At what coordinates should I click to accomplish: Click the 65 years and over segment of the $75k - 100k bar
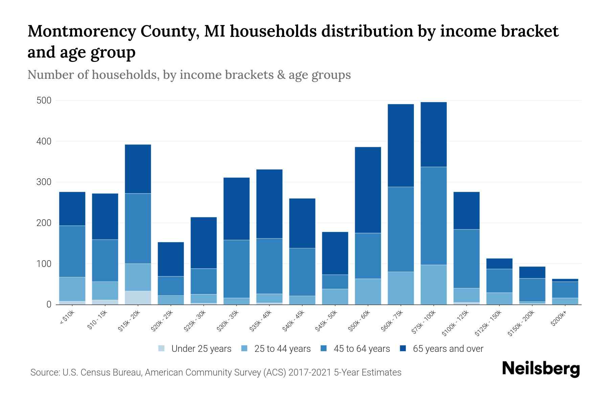[x=433, y=134]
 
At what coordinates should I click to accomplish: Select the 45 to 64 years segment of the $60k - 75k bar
[x=401, y=229]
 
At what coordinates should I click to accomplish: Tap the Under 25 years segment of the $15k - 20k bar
[x=138, y=298]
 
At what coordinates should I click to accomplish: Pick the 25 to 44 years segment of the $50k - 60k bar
[x=368, y=291]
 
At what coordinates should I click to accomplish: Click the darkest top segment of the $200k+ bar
[x=565, y=280]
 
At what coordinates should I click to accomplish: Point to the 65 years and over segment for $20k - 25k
[x=171, y=259]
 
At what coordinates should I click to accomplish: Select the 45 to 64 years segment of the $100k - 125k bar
[x=466, y=258]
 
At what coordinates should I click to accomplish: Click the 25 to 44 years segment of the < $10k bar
[x=72, y=289]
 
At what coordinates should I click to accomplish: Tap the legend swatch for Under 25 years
[x=162, y=348]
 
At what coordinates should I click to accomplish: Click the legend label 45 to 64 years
[x=361, y=349]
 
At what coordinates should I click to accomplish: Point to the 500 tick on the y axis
[x=44, y=100]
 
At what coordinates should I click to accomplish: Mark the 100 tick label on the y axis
[x=44, y=264]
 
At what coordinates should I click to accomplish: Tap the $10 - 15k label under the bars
[x=97, y=320]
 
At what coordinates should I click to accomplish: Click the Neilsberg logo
[x=541, y=369]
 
